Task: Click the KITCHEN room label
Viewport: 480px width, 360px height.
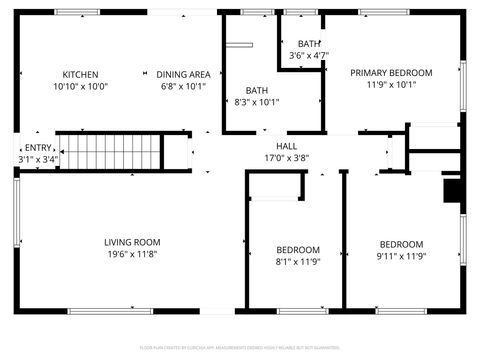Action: pos(80,74)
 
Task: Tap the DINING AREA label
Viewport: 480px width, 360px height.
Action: pos(183,74)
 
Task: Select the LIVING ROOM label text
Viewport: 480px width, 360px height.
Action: pos(132,242)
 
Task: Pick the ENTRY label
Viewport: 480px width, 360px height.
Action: pos(38,147)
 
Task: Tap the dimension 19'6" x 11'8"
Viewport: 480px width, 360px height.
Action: pos(132,254)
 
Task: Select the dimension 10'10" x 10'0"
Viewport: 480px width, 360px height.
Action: pos(80,86)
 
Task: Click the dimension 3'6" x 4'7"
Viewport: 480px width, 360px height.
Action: pos(309,55)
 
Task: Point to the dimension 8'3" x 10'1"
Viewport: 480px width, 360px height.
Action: pos(257,101)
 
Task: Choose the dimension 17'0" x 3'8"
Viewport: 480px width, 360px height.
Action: pos(300,158)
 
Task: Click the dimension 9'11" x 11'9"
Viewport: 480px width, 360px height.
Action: pos(400,256)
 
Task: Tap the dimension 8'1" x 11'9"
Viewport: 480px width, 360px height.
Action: pos(298,262)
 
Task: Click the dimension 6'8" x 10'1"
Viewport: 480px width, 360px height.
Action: pos(183,86)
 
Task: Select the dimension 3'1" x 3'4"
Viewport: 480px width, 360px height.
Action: pos(38,159)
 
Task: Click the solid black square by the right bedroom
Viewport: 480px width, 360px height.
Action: pos(451,189)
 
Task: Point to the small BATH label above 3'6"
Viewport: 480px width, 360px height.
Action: pos(309,43)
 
